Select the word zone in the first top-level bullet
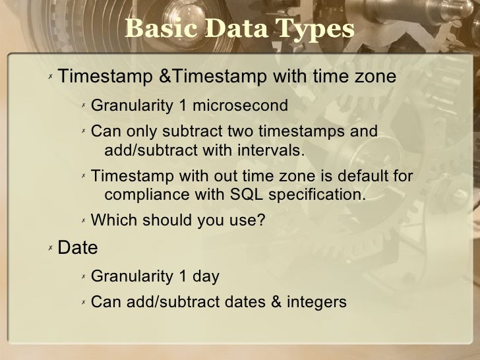(375, 78)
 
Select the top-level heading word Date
(78, 249)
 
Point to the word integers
(315, 303)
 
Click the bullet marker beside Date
(50, 248)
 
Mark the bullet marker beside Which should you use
(83, 221)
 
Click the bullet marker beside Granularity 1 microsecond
(83, 105)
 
